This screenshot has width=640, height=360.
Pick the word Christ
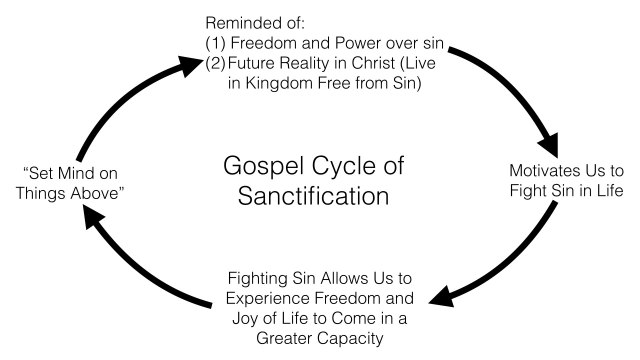click(x=398, y=66)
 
